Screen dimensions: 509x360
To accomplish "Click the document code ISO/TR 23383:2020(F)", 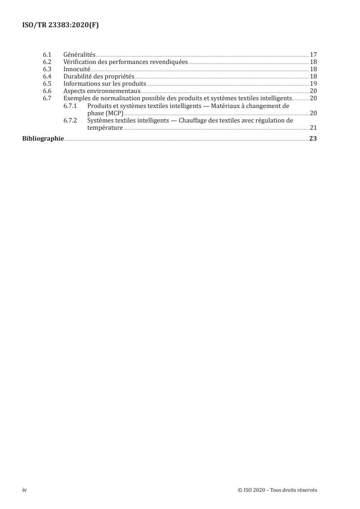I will tap(60, 25).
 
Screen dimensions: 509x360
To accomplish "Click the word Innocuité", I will tap(77, 69).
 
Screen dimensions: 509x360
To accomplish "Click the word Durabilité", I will tap(79, 76).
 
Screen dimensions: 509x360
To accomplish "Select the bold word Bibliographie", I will tap(43, 139).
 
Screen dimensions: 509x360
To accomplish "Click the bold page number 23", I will tap(313, 139).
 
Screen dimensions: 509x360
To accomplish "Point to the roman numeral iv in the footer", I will tap(25, 490).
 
